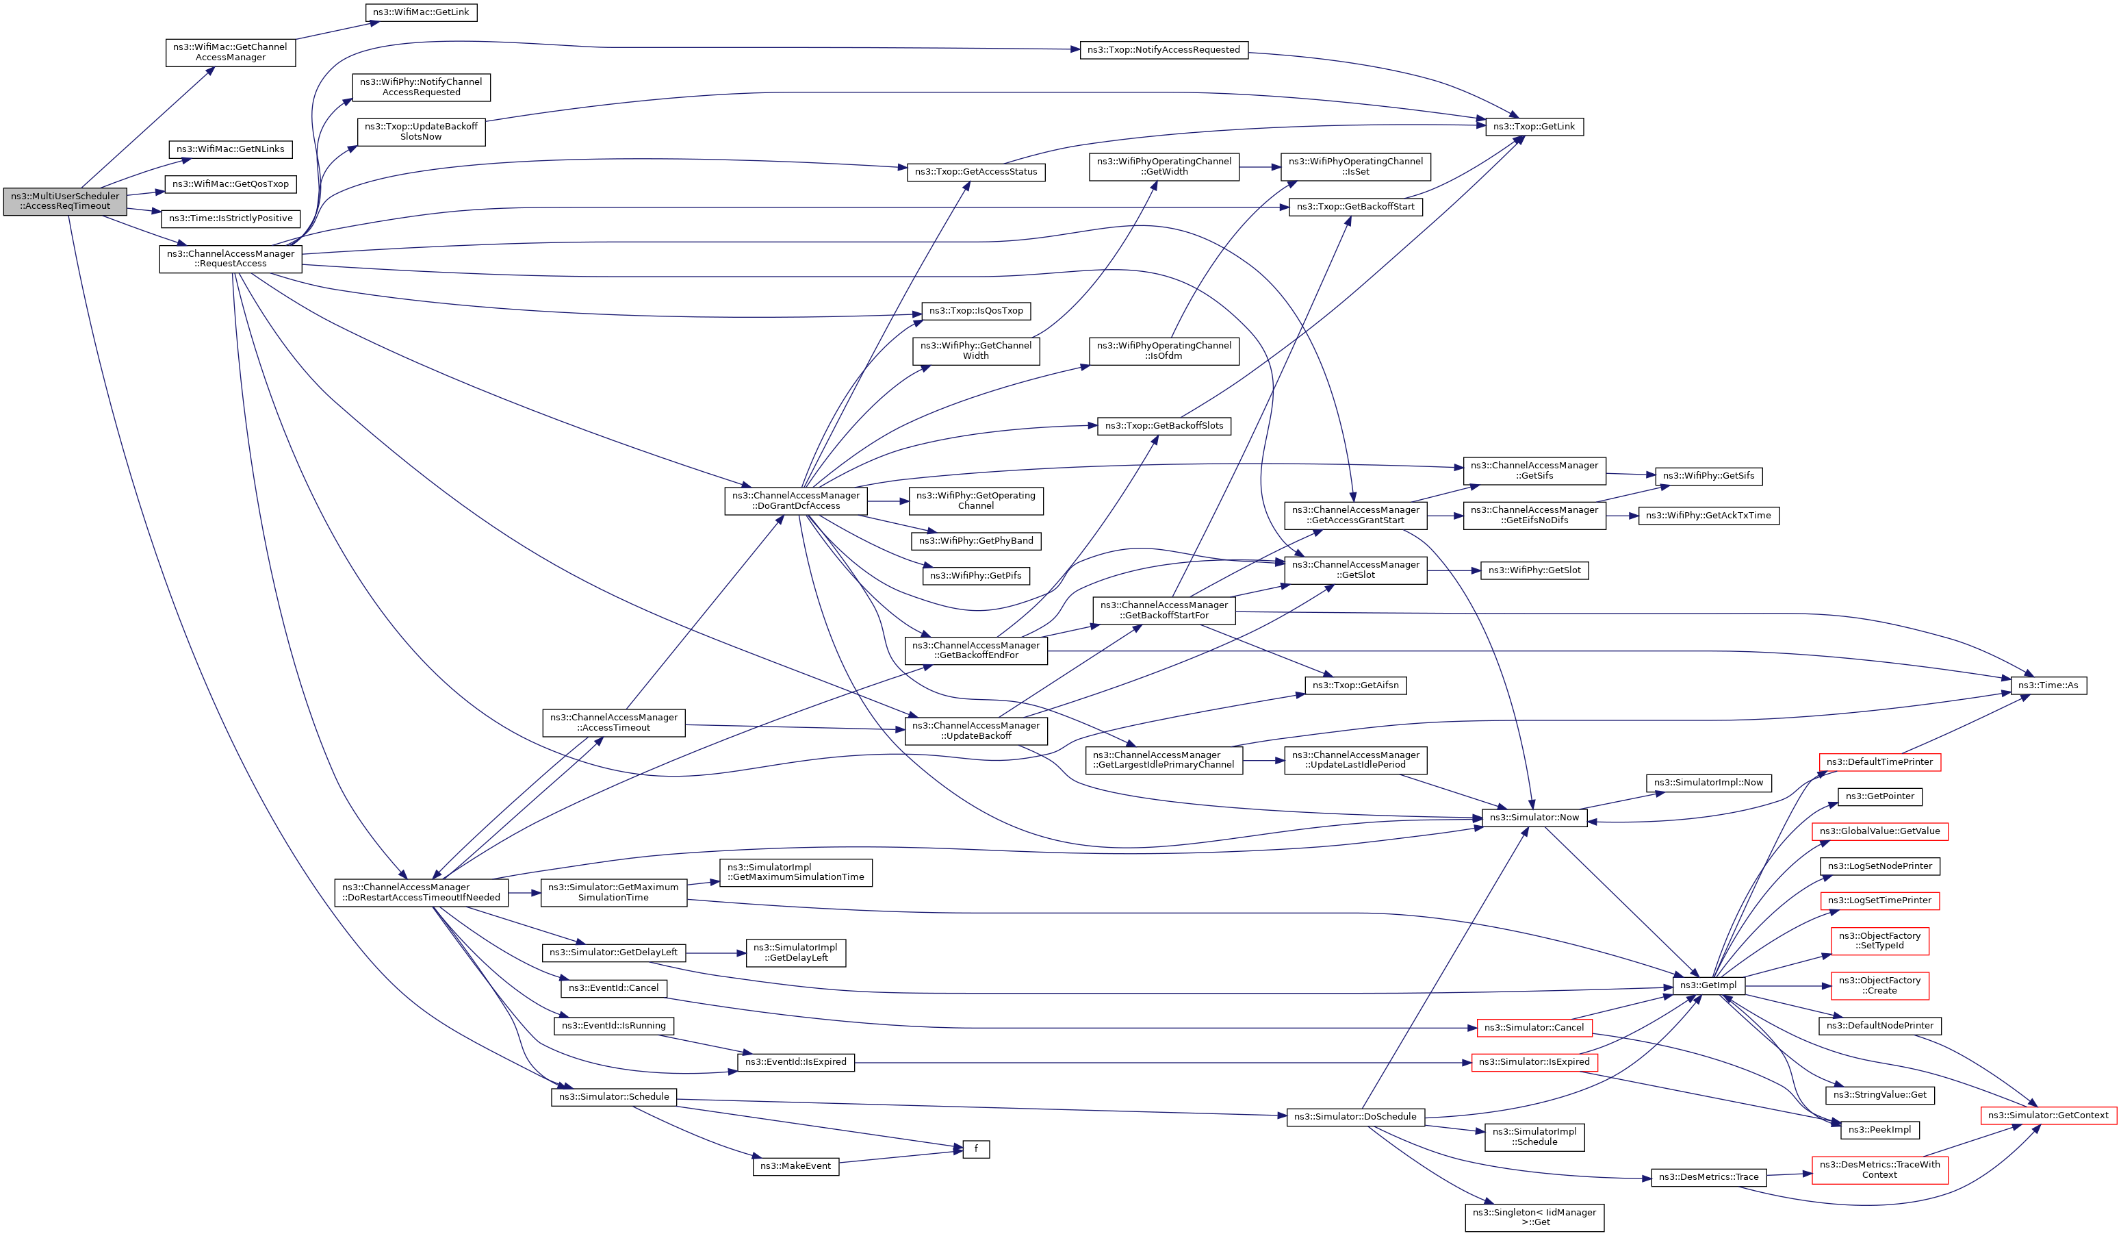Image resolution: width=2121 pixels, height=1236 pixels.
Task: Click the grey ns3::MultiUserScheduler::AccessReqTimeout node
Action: [x=65, y=201]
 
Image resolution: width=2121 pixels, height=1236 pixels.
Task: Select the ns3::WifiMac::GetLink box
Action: [x=421, y=12]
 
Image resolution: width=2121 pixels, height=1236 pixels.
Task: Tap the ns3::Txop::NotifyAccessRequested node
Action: [x=1164, y=51]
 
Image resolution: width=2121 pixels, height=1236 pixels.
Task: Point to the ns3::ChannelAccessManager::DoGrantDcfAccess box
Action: [x=795, y=501]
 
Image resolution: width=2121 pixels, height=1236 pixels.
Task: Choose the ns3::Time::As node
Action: [x=2048, y=685]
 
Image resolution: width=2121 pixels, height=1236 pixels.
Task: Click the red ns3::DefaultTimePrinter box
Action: [x=1879, y=762]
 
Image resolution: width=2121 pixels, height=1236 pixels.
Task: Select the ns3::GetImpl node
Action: [x=1708, y=986]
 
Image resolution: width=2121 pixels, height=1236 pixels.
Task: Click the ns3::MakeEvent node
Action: [x=795, y=1166]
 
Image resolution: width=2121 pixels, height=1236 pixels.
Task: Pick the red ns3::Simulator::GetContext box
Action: [x=2048, y=1115]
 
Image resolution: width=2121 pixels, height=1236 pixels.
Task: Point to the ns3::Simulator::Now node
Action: [x=1534, y=818]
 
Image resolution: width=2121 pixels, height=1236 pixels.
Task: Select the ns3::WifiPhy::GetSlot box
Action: [x=1534, y=571]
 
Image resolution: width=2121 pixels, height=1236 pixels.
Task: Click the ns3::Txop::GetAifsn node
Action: [x=1355, y=685]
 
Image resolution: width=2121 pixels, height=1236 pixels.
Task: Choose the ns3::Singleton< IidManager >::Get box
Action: [x=1534, y=1218]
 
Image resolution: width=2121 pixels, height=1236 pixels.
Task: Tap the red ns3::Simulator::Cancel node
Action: [x=1534, y=1028]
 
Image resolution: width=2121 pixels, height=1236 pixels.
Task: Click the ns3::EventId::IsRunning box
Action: [x=613, y=1026]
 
